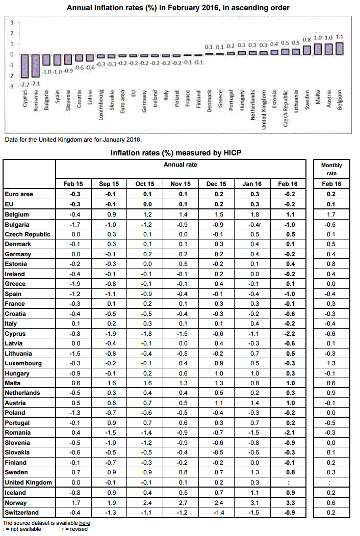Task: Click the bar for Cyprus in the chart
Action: (24, 66)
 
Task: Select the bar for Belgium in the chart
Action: (340, 48)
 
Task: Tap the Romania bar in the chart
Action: (36, 66)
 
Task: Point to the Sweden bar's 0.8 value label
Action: (306, 40)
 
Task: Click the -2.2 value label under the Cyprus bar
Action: (24, 84)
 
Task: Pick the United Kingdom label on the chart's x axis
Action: (264, 110)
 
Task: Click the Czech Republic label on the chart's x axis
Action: (286, 109)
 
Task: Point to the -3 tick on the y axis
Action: (12, 87)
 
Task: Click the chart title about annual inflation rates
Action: (178, 8)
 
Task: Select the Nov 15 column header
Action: (181, 184)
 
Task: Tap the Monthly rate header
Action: (331, 169)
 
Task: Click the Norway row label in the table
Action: (16, 503)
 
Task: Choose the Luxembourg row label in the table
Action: (23, 363)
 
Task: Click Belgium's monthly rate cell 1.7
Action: (331, 215)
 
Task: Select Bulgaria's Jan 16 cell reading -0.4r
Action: (254, 225)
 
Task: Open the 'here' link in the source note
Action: (85, 523)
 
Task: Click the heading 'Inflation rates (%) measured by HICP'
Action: (176, 153)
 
